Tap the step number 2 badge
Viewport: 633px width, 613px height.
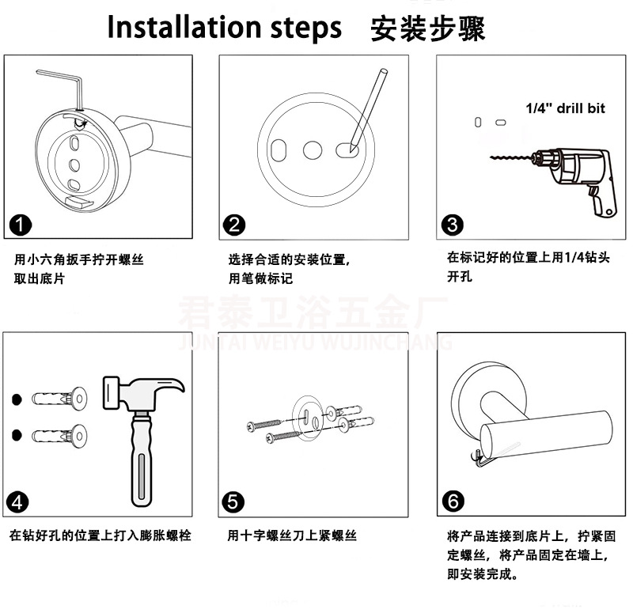tap(234, 225)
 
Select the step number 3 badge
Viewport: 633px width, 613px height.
tap(452, 225)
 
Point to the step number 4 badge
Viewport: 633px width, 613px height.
tap(17, 502)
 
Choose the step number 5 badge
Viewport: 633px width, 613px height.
tap(233, 502)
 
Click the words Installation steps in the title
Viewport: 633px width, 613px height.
tap(225, 28)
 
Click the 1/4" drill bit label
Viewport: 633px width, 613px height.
tap(565, 108)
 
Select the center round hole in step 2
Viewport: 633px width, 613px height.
tap(313, 150)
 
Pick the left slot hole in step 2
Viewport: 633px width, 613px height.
tap(279, 150)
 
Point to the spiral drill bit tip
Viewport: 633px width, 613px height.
tap(491, 157)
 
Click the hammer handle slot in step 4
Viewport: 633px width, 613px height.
tap(141, 476)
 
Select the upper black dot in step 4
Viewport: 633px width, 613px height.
tap(17, 399)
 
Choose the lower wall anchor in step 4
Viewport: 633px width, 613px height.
tap(60, 436)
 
